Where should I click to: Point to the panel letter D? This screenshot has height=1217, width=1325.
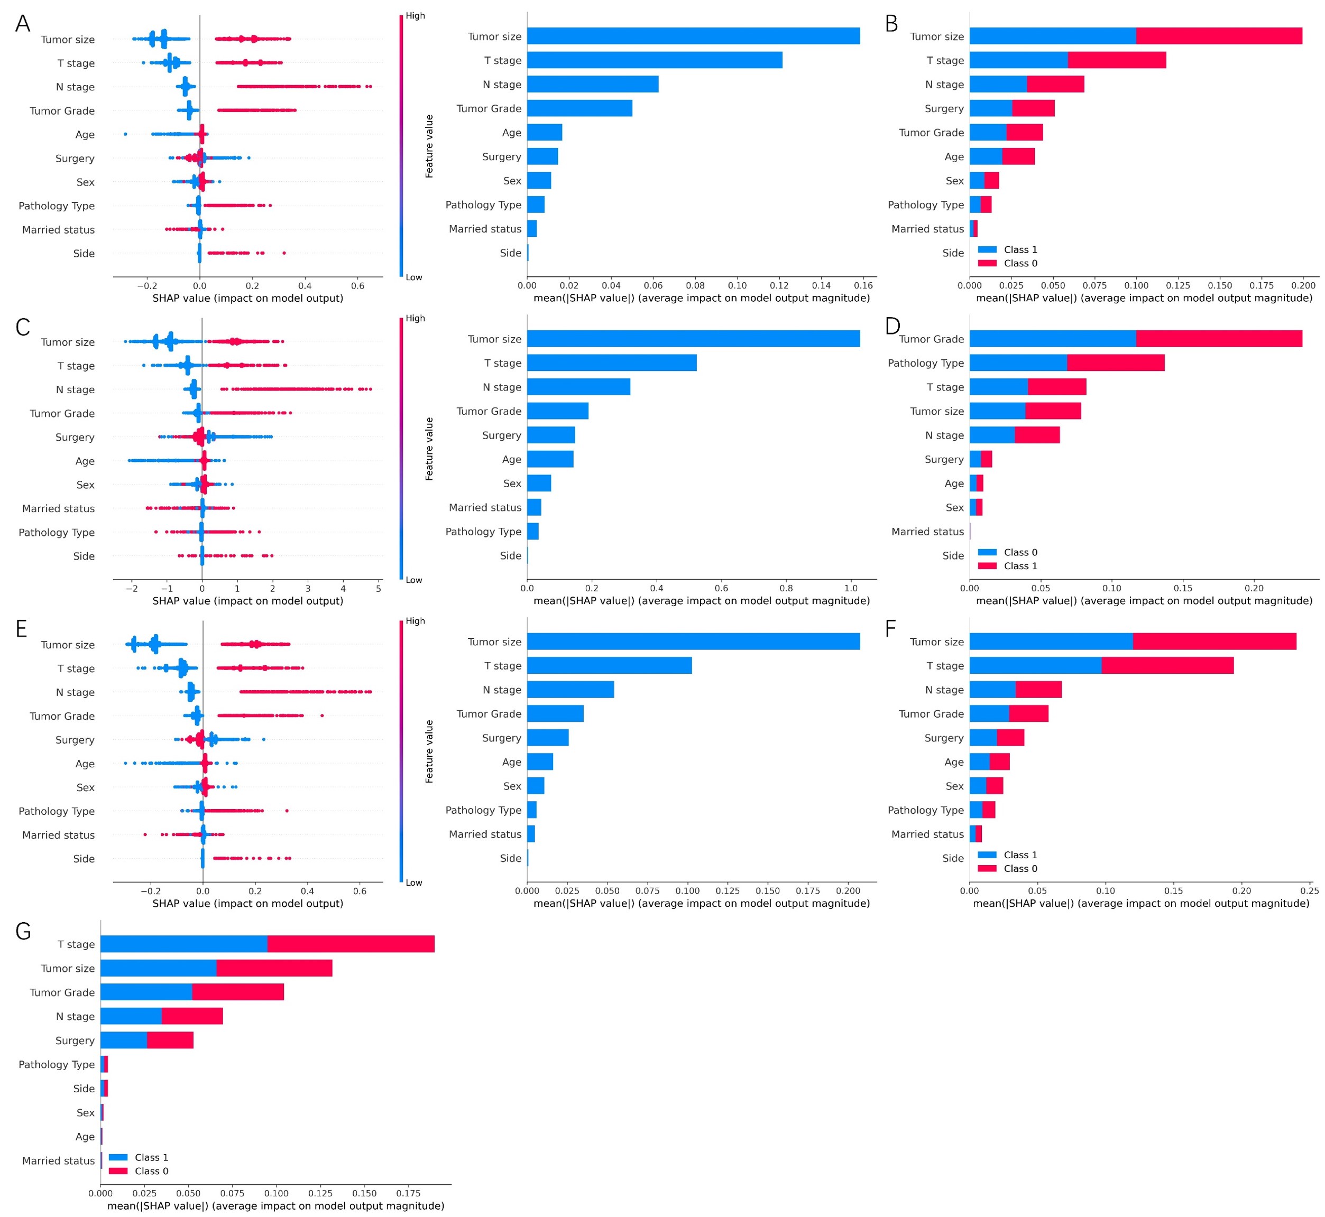892,326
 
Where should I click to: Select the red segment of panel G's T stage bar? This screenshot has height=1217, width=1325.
351,944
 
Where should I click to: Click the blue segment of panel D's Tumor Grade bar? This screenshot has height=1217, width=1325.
1052,339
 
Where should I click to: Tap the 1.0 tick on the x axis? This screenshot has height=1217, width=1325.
851,588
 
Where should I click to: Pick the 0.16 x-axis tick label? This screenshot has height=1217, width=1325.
863,285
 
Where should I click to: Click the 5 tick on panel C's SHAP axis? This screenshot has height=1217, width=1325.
378,588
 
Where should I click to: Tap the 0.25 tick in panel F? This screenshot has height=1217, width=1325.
1309,891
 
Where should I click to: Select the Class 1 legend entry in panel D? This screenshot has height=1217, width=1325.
1020,565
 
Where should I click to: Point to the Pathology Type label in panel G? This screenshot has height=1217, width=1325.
57,1064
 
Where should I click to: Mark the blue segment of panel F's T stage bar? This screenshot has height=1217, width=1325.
1035,665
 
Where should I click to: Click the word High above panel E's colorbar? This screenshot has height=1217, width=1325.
415,621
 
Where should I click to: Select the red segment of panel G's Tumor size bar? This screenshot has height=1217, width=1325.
274,968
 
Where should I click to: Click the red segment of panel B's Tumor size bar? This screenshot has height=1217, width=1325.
1218,36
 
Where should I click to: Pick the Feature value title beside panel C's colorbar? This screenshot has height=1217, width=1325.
429,449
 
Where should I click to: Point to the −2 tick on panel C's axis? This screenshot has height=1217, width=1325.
132,588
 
